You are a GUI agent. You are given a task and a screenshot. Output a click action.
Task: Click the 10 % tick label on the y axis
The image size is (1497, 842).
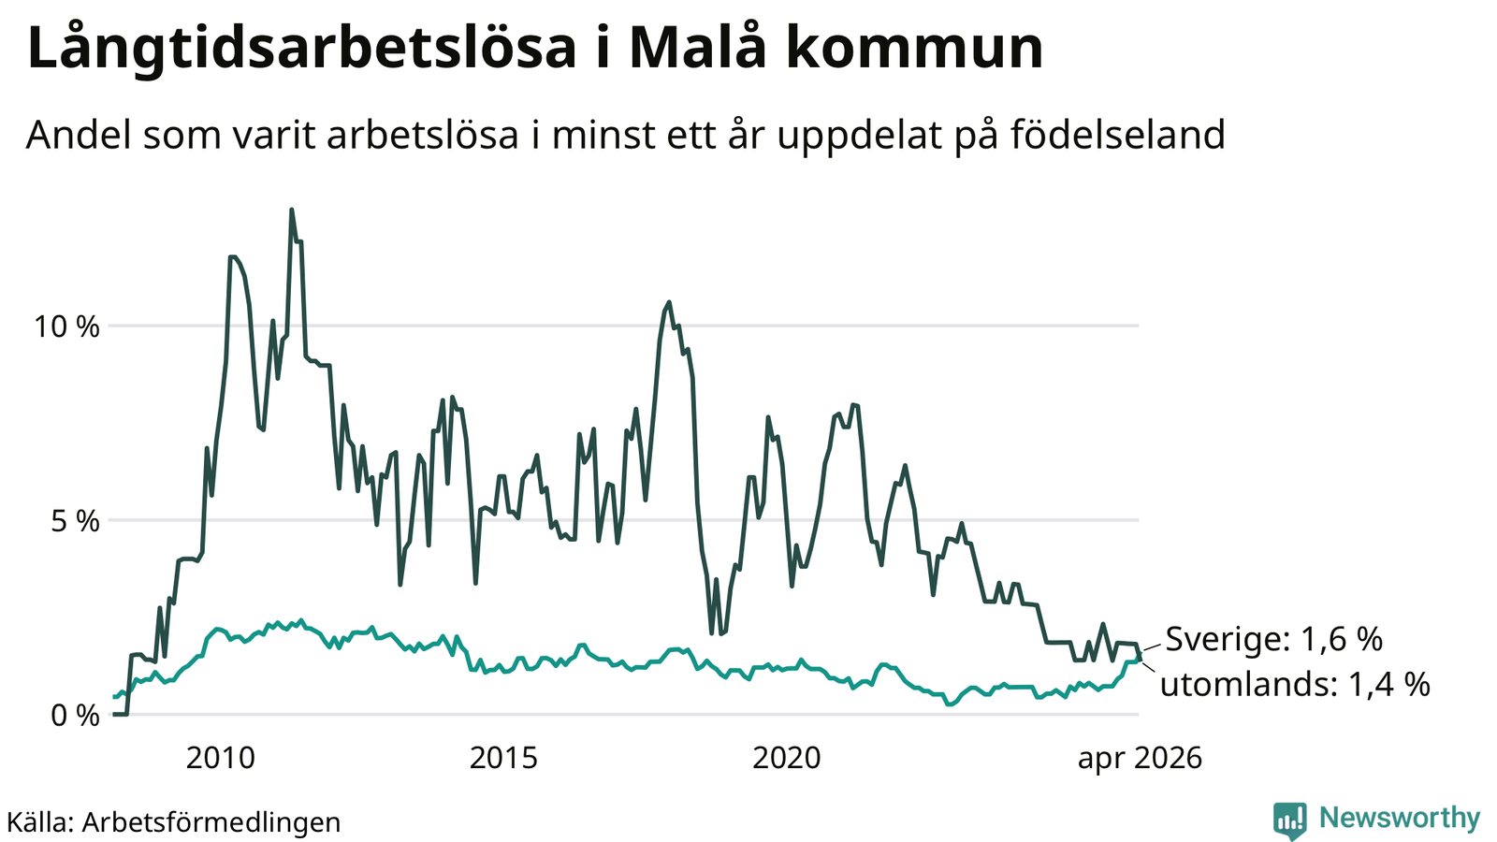click(x=66, y=327)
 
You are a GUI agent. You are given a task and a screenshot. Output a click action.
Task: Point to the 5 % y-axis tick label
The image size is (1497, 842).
click(x=75, y=521)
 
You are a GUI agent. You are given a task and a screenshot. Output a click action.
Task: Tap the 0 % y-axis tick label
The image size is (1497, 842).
click(x=75, y=716)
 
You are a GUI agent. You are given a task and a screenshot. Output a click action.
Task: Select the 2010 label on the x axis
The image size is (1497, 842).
click(x=221, y=759)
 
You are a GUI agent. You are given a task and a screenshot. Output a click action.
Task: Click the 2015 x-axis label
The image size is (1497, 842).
click(x=503, y=759)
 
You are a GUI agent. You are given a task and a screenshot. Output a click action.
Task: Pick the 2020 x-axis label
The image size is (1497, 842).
click(x=787, y=759)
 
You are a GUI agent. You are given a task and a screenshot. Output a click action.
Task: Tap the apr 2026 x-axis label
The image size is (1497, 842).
click(x=1140, y=759)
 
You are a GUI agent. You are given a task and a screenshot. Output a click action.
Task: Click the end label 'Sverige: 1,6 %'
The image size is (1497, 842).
click(x=1273, y=640)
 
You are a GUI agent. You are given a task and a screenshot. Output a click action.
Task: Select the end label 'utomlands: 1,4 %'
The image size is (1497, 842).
click(x=1295, y=685)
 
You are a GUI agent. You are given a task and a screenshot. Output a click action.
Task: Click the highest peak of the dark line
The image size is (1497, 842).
click(x=291, y=210)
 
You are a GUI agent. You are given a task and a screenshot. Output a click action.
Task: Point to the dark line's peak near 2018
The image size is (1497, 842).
click(x=668, y=302)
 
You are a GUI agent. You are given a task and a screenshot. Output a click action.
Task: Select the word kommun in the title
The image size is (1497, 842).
click(x=914, y=48)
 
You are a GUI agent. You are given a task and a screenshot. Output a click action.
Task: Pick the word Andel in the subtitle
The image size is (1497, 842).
click(x=79, y=135)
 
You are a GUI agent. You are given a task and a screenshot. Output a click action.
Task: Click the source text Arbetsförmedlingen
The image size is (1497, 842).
click(x=211, y=822)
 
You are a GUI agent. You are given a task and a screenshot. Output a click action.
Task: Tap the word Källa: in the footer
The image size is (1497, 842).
click(x=40, y=822)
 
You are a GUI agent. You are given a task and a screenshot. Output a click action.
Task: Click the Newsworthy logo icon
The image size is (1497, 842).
click(x=1289, y=820)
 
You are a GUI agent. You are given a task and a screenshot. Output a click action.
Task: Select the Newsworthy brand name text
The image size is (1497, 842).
click(x=1400, y=819)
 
